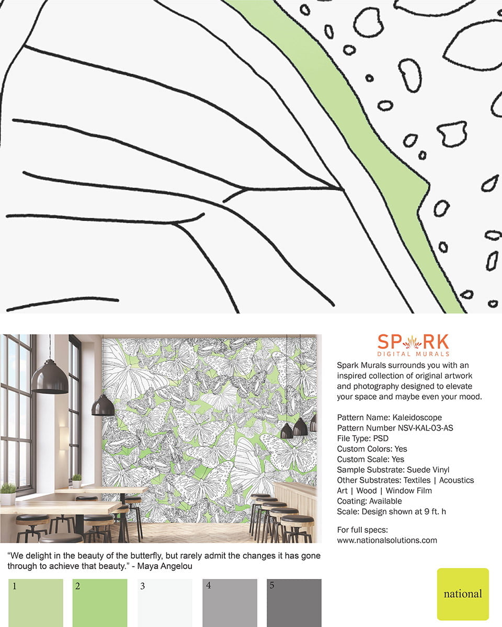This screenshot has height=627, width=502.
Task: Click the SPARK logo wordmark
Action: coord(413,342)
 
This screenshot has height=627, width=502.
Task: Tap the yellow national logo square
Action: coord(463,594)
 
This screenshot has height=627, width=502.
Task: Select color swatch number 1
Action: coord(36,603)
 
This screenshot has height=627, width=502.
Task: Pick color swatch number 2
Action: coord(100,603)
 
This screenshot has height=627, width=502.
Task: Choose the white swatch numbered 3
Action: coord(165,603)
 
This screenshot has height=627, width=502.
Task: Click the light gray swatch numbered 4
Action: coord(230,603)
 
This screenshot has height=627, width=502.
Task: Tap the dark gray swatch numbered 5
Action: coord(294,603)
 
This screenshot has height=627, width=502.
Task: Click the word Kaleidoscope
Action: coord(417,417)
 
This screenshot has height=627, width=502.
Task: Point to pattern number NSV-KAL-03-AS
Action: coord(426,428)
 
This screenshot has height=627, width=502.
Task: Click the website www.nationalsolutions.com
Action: coord(387,540)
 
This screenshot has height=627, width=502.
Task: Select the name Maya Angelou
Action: coord(165,566)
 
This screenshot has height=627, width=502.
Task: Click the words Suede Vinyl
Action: coord(428,470)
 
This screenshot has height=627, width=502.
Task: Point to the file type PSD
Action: coord(381,438)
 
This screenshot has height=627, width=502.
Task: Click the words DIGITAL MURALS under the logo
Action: coord(413,354)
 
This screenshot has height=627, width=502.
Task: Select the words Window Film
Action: coord(408,491)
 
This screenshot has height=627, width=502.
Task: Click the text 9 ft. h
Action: coord(435,512)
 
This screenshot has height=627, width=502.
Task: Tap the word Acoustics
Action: coord(457,481)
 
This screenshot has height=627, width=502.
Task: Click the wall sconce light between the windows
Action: coord(64,439)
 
